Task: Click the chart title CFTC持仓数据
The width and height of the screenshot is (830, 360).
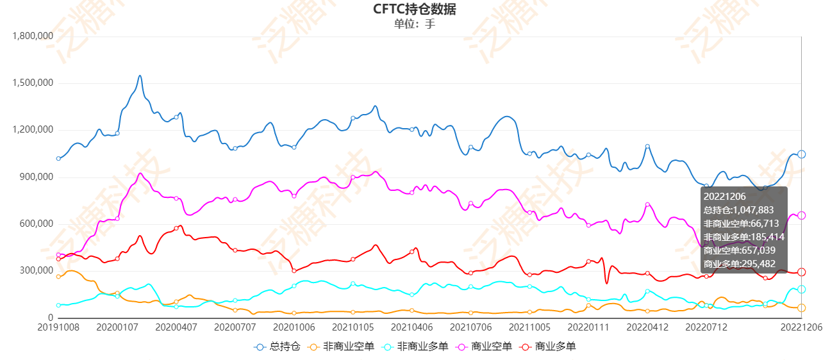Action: pyautogui.click(x=415, y=9)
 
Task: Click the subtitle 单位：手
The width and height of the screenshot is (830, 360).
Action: pyautogui.click(x=415, y=24)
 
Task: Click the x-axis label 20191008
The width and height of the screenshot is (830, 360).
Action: pyautogui.click(x=58, y=327)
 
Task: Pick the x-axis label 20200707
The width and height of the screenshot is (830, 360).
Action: pyautogui.click(x=235, y=327)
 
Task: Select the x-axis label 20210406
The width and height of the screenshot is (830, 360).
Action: pyautogui.click(x=411, y=327)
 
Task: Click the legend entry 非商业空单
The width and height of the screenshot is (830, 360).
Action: pyautogui.click(x=337, y=347)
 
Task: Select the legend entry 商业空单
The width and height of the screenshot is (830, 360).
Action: pyautogui.click(x=485, y=347)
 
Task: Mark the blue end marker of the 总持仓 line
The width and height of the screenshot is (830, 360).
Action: pyautogui.click(x=801, y=154)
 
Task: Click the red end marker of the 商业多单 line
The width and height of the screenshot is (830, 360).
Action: pyautogui.click(x=801, y=272)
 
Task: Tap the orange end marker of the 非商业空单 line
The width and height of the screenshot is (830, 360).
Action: pyautogui.click(x=801, y=308)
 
